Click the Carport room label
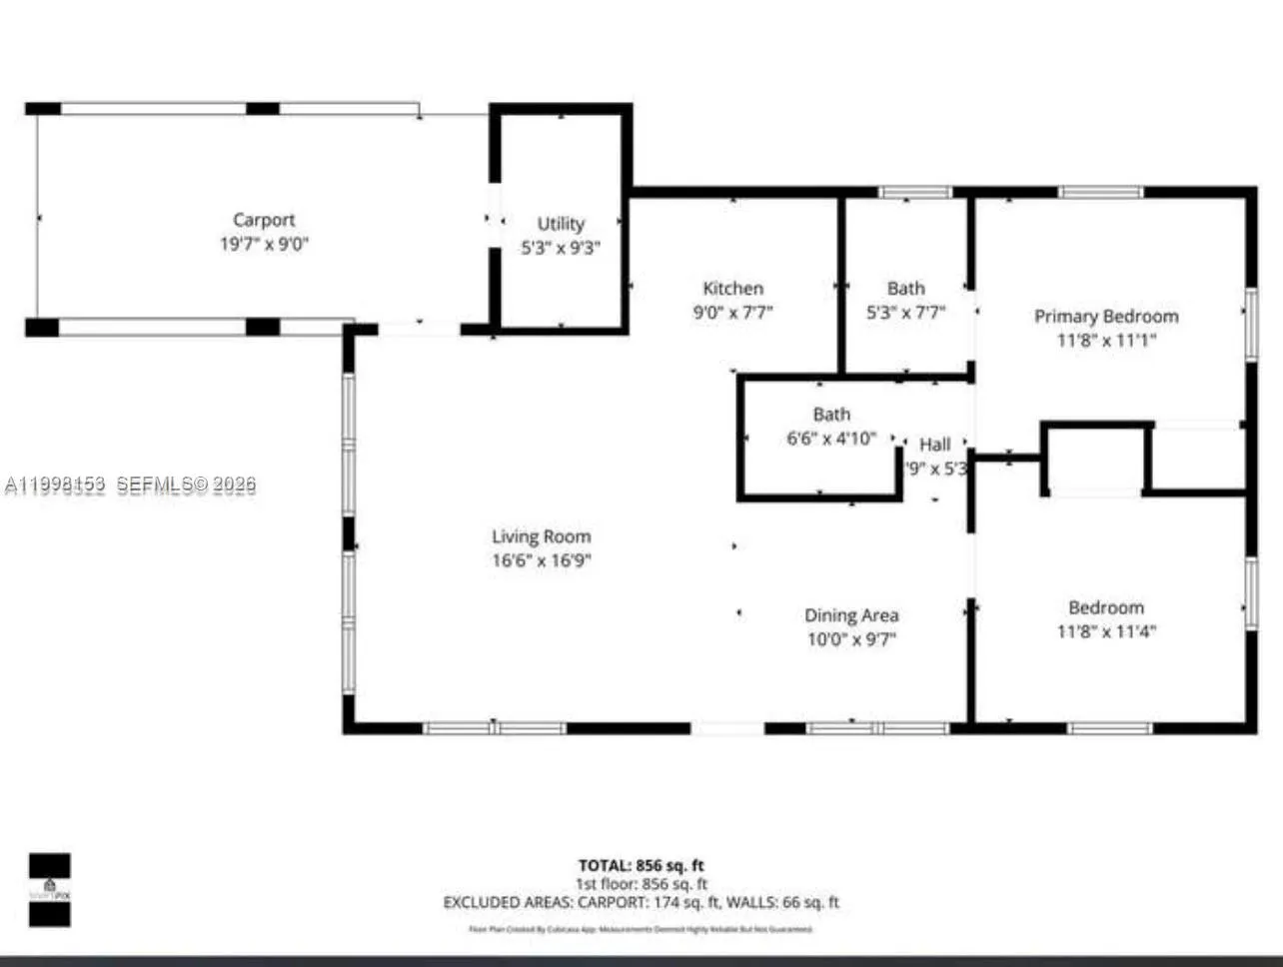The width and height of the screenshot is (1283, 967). tap(264, 220)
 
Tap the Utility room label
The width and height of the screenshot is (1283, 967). tap(561, 224)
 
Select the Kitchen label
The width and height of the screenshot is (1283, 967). tap(732, 289)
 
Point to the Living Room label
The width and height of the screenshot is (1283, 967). tap(541, 536)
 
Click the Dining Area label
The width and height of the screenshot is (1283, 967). tap(851, 615)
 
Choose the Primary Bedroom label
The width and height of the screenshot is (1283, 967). tap(1106, 317)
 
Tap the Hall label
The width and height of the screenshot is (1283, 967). tap(935, 445)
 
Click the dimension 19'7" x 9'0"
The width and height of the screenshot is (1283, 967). tap(264, 245)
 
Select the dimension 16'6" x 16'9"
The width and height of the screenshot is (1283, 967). tap(541, 560)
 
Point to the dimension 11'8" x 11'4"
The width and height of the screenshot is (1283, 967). tap(1106, 631)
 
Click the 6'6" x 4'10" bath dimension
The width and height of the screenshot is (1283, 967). tap(831, 439)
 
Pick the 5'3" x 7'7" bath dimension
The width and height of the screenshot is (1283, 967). tap(905, 313)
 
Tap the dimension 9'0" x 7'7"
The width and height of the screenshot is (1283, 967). tap(732, 313)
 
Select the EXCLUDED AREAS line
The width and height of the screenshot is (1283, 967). tap(641, 903)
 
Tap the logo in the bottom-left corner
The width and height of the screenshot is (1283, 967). tap(49, 890)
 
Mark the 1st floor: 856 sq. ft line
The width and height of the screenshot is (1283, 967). tap(641, 884)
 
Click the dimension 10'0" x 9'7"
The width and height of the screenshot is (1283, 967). tap(851, 639)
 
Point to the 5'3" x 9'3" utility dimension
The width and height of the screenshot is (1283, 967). tap(561, 248)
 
